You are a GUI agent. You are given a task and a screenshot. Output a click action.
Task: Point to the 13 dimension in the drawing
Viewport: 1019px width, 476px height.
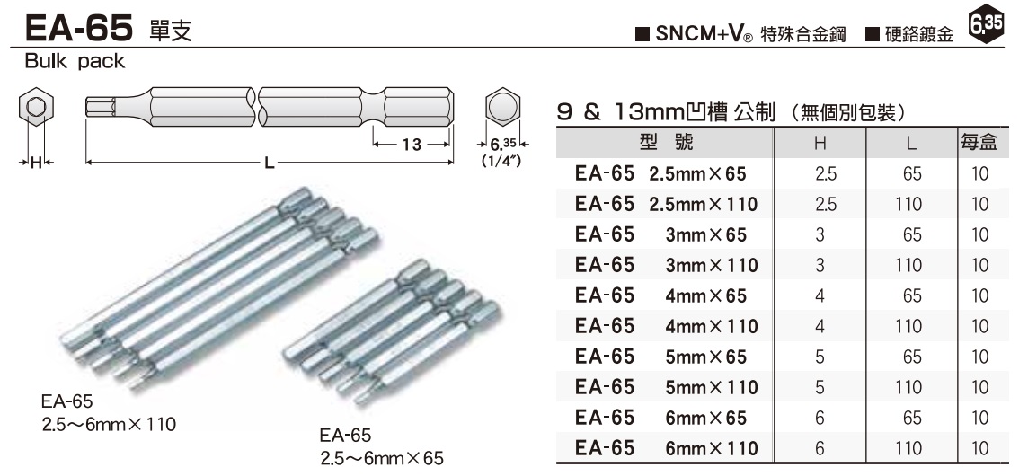411,145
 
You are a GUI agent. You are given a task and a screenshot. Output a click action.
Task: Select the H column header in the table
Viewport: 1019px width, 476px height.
819,143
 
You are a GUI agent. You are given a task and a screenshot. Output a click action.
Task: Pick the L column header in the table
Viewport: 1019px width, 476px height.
910,143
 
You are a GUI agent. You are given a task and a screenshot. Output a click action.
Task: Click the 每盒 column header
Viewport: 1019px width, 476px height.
980,143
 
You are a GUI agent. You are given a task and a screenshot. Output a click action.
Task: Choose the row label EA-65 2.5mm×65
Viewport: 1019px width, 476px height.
660,173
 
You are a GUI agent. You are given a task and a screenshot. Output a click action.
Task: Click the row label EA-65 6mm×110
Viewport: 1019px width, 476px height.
666,448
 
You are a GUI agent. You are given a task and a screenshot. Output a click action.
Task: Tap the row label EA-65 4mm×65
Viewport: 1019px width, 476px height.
660,295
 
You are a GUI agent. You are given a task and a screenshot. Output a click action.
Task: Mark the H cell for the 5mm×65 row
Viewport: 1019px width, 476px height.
819,357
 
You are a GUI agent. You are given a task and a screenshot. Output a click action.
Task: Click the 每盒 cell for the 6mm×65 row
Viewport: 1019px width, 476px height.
980,418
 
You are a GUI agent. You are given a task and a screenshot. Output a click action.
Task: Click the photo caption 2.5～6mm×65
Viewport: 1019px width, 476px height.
382,458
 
